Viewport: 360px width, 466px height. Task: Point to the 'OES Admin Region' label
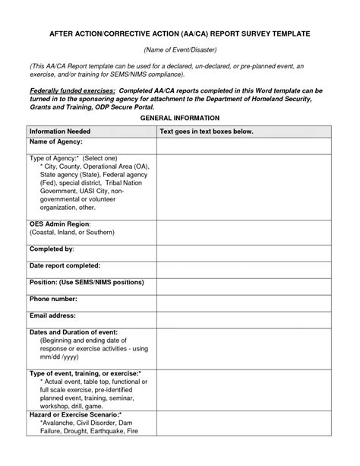(59, 225)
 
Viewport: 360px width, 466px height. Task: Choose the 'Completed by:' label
(51, 249)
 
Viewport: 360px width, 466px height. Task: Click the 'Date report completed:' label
(65, 265)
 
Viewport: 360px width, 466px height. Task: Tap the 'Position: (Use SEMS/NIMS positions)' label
(86, 282)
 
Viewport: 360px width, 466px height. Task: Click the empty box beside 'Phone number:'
(245, 302)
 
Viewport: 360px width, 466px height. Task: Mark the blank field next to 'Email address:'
(245, 319)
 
